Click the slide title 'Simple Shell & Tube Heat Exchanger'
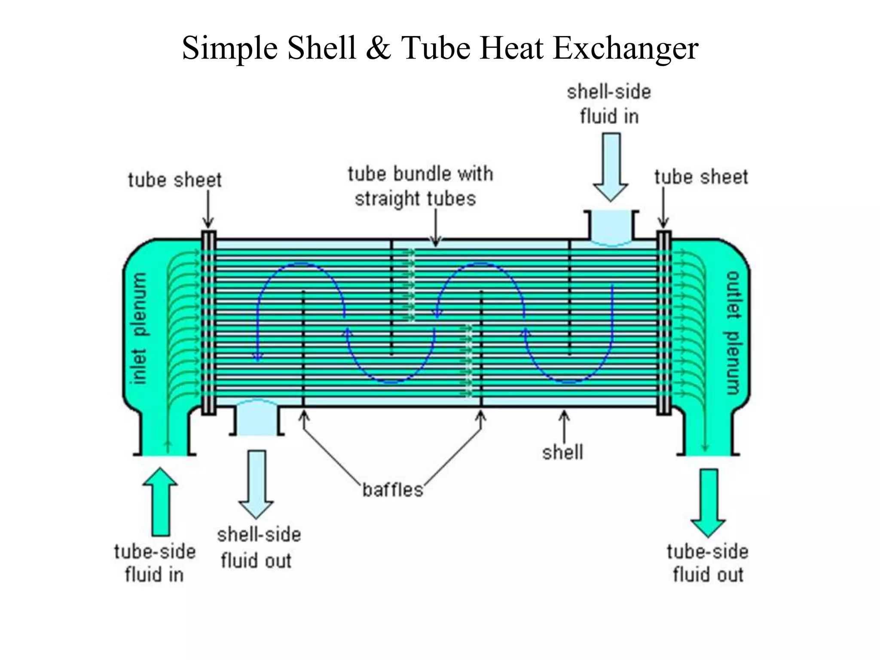pos(440,48)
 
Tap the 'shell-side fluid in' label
pos(609,104)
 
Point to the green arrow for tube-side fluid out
pos(708,503)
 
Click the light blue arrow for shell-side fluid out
pos(257,484)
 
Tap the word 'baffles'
pos(392,490)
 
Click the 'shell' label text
pos(562,452)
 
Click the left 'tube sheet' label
pos(174,180)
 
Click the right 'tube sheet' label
pos(701,177)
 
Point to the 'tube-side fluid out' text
pos(708,563)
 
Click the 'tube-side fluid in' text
pos(155,563)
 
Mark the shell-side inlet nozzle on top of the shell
pos(611,226)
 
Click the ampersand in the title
pos(378,48)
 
